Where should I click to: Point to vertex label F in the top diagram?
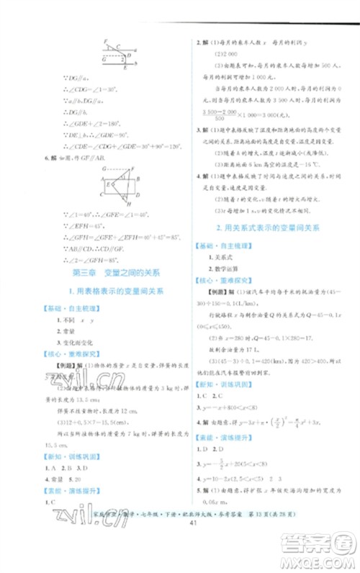(x=105, y=43)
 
